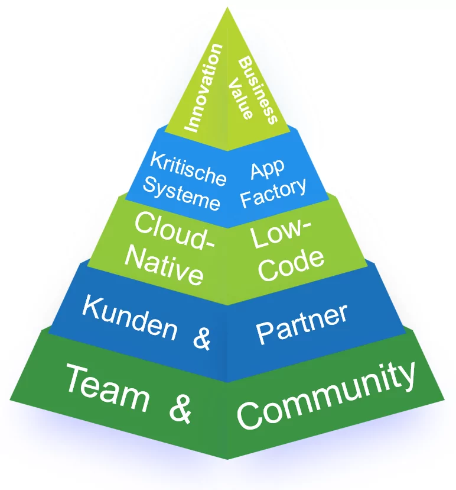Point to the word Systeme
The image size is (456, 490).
(181, 192)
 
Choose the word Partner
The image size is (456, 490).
(302, 324)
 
